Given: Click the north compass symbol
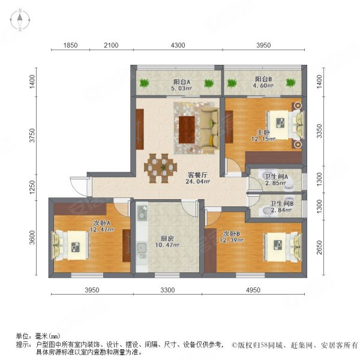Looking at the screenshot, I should pyautogui.click(x=20, y=21).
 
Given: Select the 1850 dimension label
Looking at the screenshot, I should pyautogui.click(x=71, y=46).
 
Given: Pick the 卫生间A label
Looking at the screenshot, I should pyautogui.click(x=277, y=177).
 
